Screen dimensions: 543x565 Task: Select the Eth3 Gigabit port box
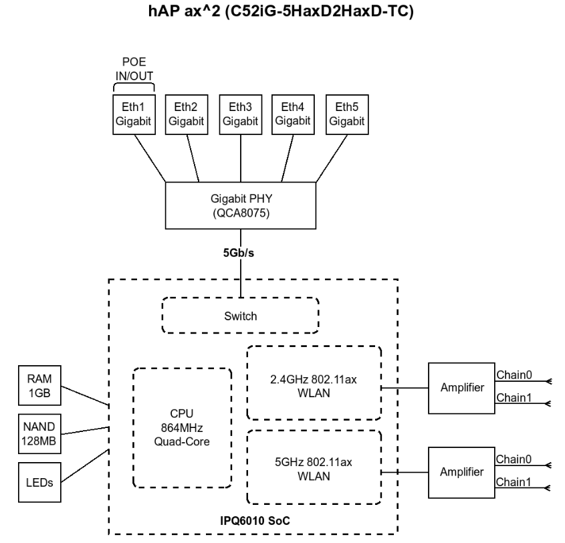coord(241,114)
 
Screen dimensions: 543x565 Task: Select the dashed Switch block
coord(241,316)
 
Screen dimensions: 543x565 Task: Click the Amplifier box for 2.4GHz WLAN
coord(461,389)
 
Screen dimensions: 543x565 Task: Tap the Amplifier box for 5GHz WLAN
coord(461,471)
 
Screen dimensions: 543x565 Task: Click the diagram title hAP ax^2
coord(281,13)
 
